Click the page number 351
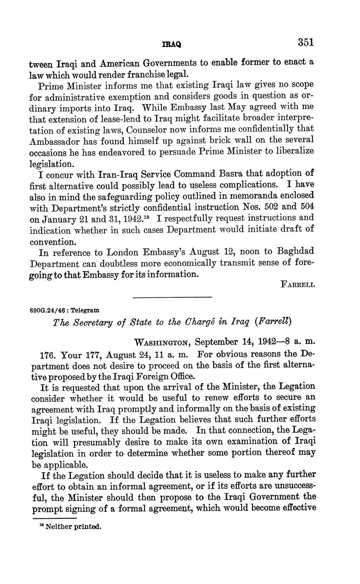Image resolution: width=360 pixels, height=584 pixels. pyautogui.click(x=305, y=42)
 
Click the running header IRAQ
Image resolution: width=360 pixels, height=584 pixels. pyautogui.click(x=172, y=44)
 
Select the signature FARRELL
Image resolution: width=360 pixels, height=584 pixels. pyautogui.click(x=298, y=285)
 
